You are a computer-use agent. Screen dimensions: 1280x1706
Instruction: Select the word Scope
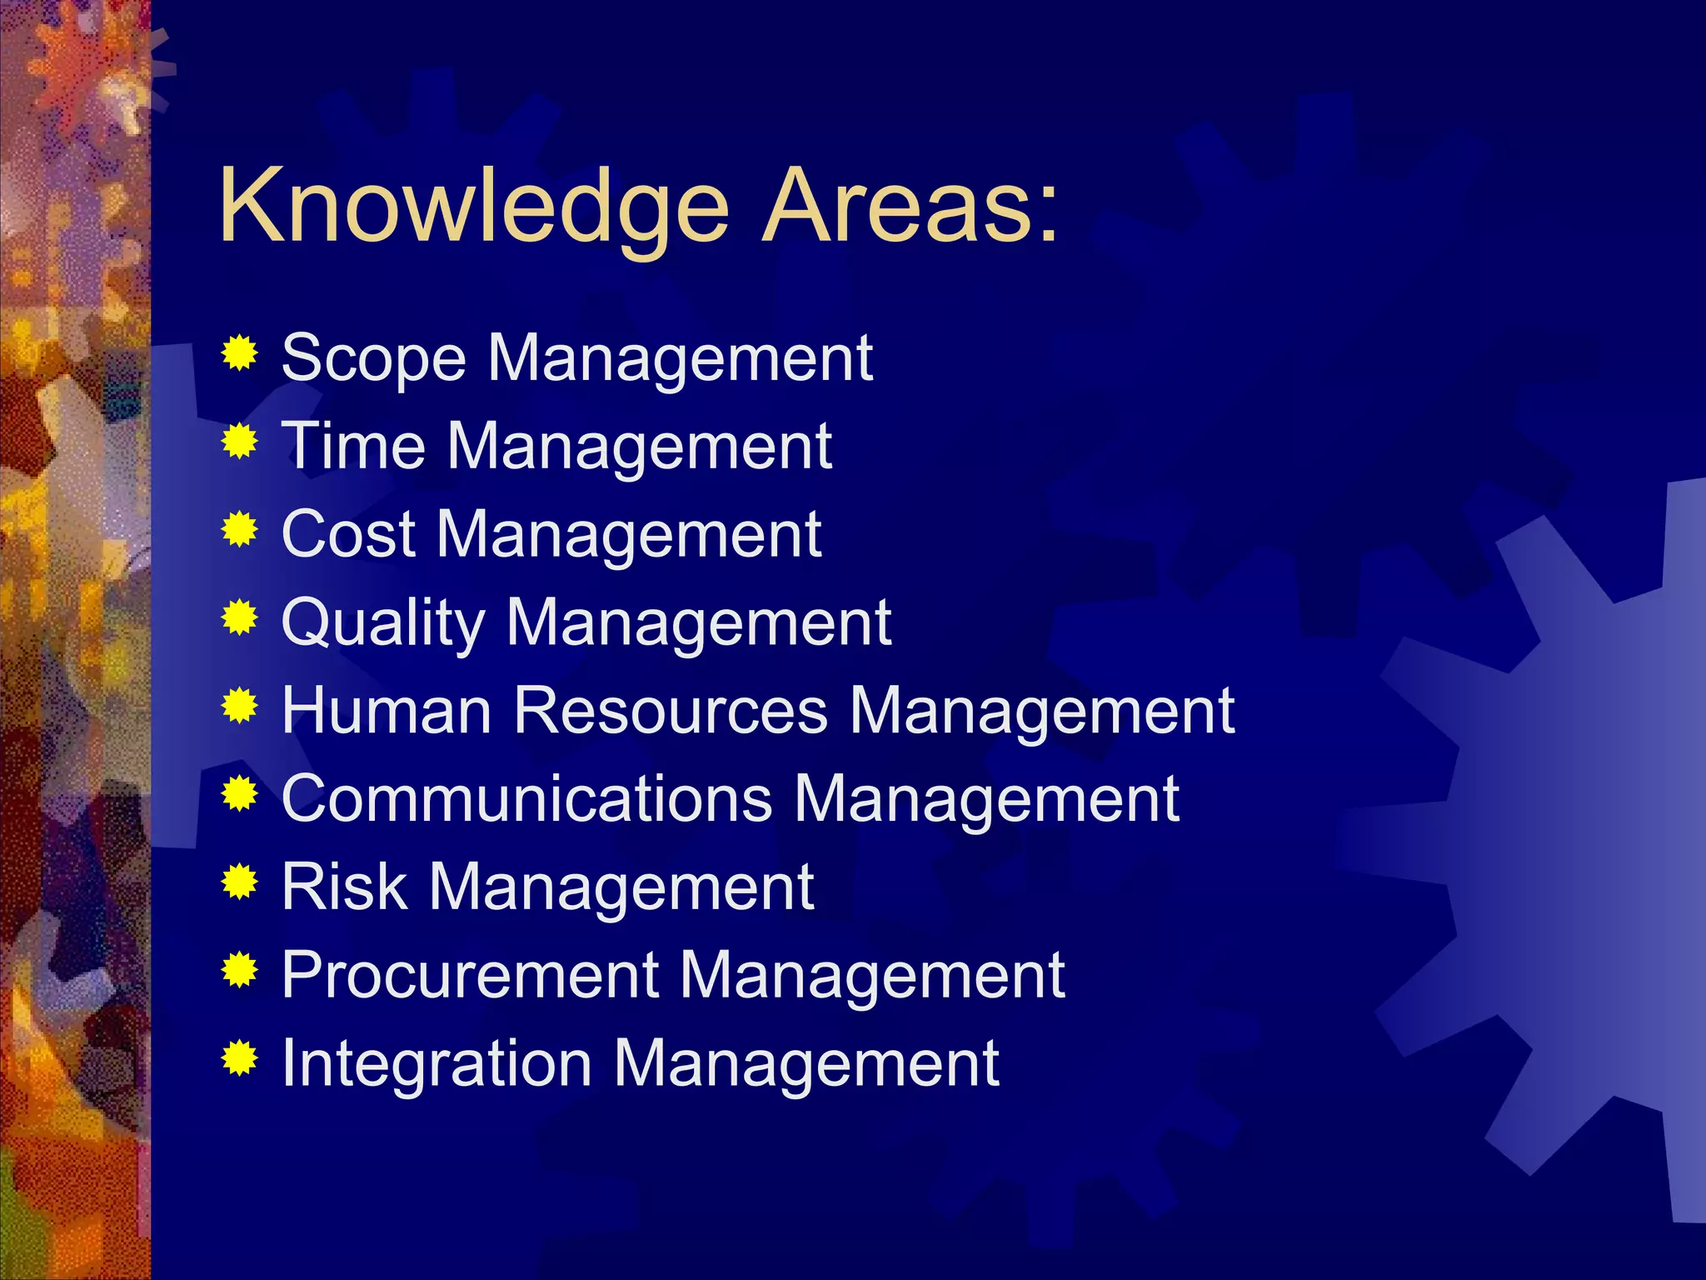tap(373, 359)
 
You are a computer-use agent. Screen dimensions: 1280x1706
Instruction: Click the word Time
tap(353, 447)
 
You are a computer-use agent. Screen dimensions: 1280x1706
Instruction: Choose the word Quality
tap(383, 623)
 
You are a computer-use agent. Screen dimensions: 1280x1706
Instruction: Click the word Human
tap(387, 712)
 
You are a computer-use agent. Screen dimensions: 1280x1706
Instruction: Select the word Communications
tap(527, 800)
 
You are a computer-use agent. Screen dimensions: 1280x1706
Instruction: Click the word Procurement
tap(471, 976)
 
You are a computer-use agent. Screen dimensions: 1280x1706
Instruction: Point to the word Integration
tap(436, 1064)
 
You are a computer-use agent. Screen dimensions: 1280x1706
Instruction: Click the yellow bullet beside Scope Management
tap(240, 353)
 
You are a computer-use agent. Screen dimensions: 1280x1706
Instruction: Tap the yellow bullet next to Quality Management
tap(240, 617)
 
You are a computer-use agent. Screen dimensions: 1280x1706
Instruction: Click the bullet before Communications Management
tap(240, 794)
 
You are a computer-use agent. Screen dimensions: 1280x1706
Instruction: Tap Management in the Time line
tap(640, 448)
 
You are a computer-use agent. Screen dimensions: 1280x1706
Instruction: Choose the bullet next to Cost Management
tap(240, 529)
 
